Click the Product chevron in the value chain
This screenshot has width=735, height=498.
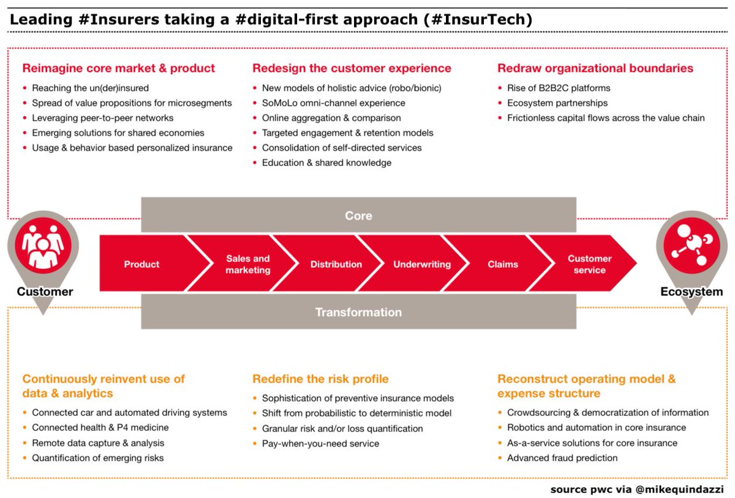click(x=142, y=265)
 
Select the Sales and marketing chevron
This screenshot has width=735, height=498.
click(x=247, y=265)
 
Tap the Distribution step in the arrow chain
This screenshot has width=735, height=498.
click(x=336, y=265)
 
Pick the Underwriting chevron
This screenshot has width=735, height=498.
click(x=421, y=265)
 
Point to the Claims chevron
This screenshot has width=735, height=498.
click(x=503, y=265)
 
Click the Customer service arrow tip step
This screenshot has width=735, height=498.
click(x=589, y=265)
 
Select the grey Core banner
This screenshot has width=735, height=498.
click(x=358, y=216)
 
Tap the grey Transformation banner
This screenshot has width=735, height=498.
click(x=358, y=312)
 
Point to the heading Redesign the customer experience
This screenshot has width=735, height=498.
click(x=352, y=68)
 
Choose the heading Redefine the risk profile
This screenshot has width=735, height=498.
click(x=320, y=379)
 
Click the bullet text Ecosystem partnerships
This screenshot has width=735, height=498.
click(x=557, y=103)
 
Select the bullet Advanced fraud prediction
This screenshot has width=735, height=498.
click(x=562, y=458)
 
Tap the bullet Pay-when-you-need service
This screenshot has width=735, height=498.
click(x=320, y=443)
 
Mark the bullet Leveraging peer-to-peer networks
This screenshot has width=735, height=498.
click(x=102, y=118)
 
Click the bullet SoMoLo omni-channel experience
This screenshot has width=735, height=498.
click(x=333, y=103)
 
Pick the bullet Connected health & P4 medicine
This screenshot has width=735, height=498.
click(x=100, y=428)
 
